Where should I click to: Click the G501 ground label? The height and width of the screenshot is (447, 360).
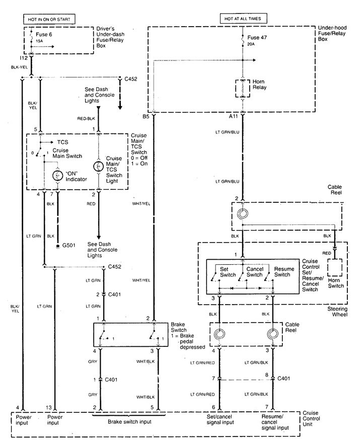point(67,247)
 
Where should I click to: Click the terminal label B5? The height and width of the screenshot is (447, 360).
point(146,117)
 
